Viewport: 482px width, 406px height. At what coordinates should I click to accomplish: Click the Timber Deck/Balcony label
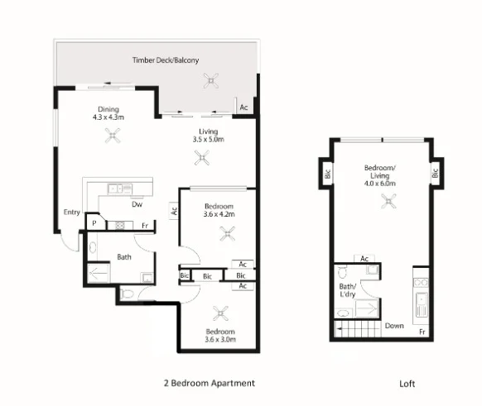point(166,60)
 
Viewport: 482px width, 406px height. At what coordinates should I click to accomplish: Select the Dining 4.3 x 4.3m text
point(108,113)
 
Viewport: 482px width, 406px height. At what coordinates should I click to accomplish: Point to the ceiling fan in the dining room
point(111,137)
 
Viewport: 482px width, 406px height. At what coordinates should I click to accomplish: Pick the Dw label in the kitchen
point(137,204)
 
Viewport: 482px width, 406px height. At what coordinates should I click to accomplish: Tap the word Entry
point(71,213)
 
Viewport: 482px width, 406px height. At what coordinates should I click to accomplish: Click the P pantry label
point(95,223)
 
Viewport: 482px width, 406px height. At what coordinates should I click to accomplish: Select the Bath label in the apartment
point(124,257)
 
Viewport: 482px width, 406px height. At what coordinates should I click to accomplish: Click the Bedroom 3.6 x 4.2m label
point(219,210)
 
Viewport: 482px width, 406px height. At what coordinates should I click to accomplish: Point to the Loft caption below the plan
point(406,384)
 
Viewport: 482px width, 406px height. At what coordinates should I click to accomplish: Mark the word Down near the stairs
point(394,326)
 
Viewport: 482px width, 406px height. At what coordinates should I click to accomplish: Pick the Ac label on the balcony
point(243,107)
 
